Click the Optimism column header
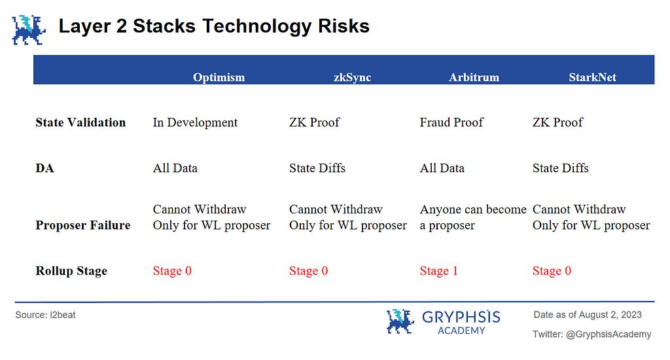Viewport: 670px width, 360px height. [219, 77]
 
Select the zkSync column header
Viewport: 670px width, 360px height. [352, 77]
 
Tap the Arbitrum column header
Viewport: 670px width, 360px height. [474, 77]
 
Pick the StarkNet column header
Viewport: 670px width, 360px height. [592, 77]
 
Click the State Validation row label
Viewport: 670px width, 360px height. [80, 122]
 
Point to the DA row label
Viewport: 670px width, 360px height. [45, 168]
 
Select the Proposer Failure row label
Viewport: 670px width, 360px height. [83, 225]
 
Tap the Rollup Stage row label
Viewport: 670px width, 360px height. [71, 271]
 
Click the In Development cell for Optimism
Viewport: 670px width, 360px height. [195, 122]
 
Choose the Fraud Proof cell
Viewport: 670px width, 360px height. [451, 122]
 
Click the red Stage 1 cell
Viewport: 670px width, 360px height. [438, 271]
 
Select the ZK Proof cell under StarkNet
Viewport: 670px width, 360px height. [557, 122]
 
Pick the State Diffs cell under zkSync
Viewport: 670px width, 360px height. [317, 168]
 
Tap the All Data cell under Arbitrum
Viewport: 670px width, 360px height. [442, 168]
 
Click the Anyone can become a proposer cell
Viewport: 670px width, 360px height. [473, 217]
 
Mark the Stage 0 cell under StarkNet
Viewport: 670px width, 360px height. [552, 271]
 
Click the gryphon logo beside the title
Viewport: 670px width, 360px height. [29, 30]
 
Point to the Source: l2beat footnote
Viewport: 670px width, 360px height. [45, 315]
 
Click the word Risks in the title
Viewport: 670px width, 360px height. [344, 26]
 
